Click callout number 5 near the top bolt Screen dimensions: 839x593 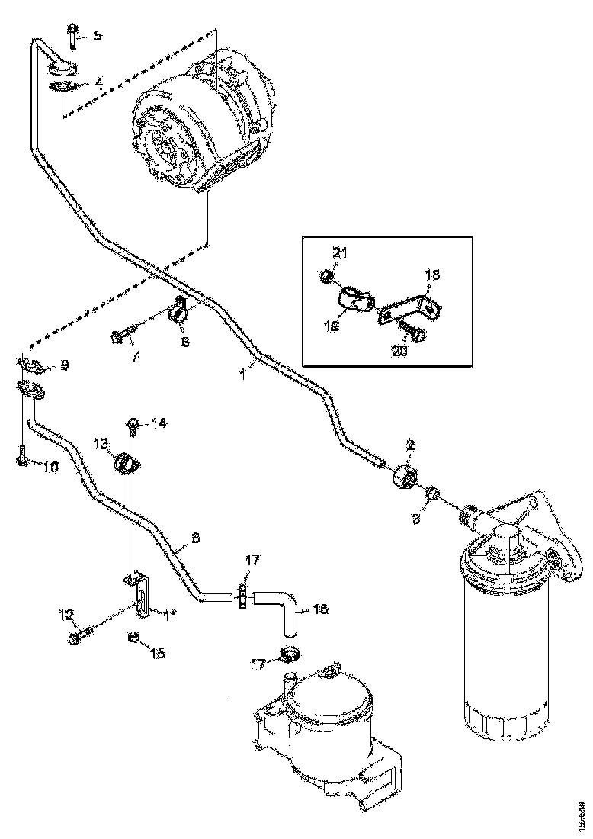tap(97, 36)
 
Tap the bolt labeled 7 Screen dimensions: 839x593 tap(124, 334)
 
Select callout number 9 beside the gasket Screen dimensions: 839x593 tap(63, 366)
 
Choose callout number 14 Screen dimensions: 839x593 tap(159, 422)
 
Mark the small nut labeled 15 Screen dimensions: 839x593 tap(133, 636)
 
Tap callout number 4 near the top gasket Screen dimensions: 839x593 tap(98, 84)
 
